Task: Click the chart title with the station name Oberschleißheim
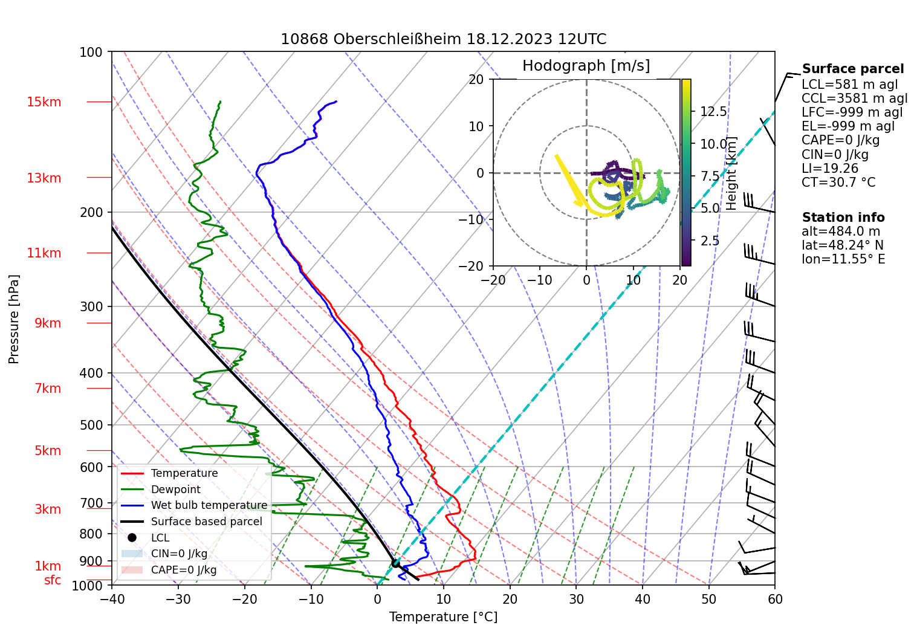[443, 39]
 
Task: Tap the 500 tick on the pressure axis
[91, 425]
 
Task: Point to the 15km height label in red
[44, 102]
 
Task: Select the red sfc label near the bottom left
[53, 580]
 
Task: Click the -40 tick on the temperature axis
[112, 599]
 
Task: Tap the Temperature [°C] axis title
[443, 617]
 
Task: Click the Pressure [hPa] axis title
[14, 319]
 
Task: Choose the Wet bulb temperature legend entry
[209, 505]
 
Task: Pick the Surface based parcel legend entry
[206, 522]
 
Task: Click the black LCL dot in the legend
[132, 537]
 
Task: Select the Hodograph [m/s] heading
[586, 66]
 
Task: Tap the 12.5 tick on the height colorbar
[713, 112]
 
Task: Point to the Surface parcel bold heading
[853, 69]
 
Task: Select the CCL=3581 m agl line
[854, 99]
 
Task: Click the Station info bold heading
[843, 218]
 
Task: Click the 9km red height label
[48, 323]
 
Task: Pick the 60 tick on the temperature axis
[775, 599]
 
